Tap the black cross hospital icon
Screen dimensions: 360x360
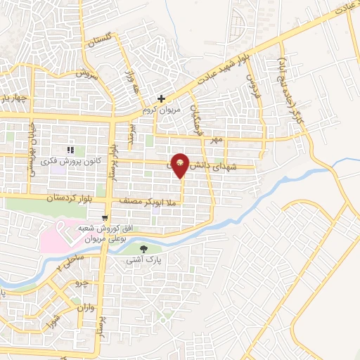[x=162, y=99]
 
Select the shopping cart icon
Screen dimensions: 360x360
[x=105, y=218]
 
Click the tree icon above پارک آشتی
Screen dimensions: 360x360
[x=145, y=249]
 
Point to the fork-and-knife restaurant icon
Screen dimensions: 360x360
[x=69, y=150]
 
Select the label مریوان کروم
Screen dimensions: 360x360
[x=161, y=110]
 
